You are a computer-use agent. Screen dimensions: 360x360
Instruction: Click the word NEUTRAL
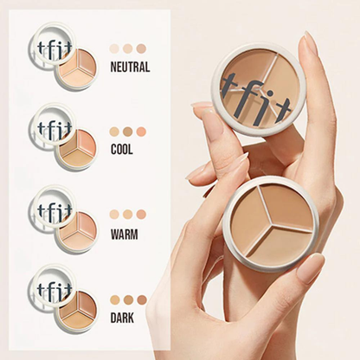click(131, 67)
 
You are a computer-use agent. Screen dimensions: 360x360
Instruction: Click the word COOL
click(122, 149)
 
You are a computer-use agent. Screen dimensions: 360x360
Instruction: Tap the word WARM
click(125, 232)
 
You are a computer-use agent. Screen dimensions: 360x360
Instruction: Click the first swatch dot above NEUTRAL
click(114, 49)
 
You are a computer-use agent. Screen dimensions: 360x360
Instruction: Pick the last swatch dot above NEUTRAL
click(141, 49)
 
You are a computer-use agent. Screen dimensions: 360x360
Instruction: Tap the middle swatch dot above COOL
click(127, 132)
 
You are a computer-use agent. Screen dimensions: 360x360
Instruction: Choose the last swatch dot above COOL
click(141, 132)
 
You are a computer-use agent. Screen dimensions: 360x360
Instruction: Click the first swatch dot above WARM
click(114, 215)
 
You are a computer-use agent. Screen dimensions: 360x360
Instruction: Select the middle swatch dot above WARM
click(127, 215)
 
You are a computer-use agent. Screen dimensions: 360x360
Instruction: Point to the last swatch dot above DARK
click(141, 299)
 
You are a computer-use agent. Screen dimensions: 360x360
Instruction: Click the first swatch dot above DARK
click(114, 299)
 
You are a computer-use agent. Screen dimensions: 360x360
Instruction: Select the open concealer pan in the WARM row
click(78, 231)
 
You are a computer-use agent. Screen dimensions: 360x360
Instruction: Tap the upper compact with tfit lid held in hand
click(257, 90)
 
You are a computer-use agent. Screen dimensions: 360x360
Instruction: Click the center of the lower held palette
click(270, 222)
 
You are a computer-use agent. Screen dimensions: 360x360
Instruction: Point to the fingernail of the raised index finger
click(309, 45)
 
